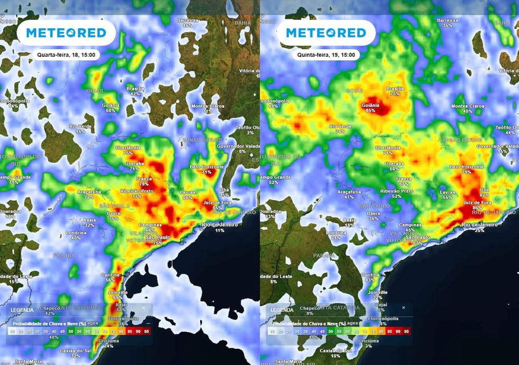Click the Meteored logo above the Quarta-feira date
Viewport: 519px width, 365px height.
pyautogui.click(x=66, y=33)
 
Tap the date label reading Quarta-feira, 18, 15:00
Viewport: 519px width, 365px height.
pyautogui.click(x=68, y=55)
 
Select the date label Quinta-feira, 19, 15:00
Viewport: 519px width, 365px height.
pyautogui.click(x=327, y=55)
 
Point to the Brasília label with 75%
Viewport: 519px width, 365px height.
pyautogui.click(x=395, y=91)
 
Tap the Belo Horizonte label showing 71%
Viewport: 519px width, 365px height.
pyautogui.click(x=206, y=169)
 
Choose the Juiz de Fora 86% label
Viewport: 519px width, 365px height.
pyautogui.click(x=475, y=205)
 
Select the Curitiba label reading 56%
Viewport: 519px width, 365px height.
pyautogui.click(x=110, y=277)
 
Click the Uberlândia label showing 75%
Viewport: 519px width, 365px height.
pyautogui.click(x=128, y=150)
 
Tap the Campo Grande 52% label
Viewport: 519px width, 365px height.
pyautogui.click(x=274, y=179)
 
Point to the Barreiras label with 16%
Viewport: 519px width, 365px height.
pyautogui.click(x=188, y=22)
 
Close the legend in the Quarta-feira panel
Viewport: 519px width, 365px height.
pyautogui.click(x=143, y=308)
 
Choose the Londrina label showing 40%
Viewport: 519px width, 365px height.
pyautogui.click(x=76, y=235)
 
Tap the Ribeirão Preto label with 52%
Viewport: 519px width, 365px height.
pyautogui.click(x=396, y=193)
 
